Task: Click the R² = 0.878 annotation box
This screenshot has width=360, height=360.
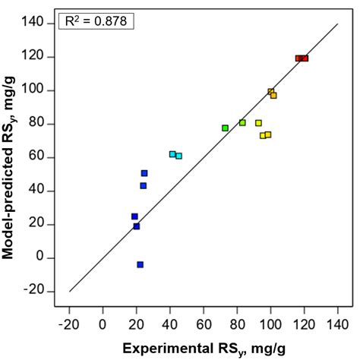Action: click(96, 22)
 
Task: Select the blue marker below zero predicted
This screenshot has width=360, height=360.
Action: click(141, 264)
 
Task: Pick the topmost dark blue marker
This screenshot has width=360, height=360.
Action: click(144, 173)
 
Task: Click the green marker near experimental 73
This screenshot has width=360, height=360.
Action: click(225, 128)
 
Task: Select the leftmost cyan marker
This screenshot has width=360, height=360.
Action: click(172, 154)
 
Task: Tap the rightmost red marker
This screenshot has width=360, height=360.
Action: click(305, 58)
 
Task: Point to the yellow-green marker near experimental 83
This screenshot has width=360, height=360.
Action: click(242, 122)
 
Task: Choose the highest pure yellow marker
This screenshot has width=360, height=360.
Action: click(258, 123)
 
